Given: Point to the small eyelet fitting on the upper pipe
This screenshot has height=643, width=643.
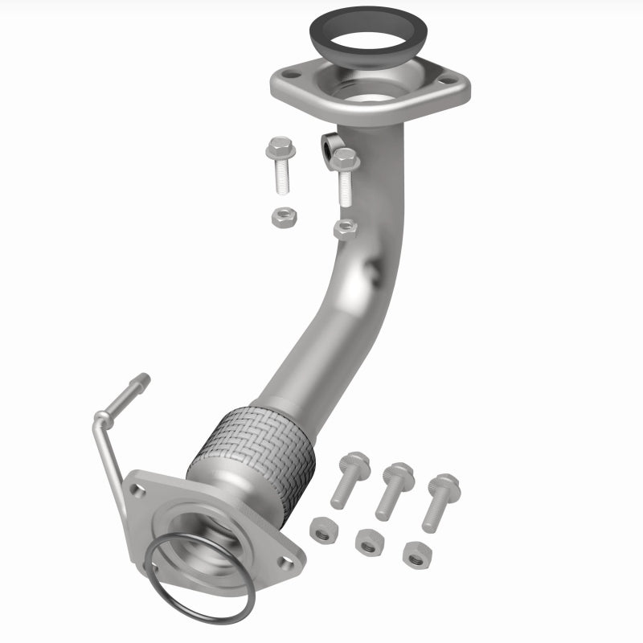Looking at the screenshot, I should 330,145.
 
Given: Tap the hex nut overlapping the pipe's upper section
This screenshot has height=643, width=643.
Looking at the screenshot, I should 345,228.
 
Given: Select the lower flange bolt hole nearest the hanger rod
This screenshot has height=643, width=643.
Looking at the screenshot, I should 138,490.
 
